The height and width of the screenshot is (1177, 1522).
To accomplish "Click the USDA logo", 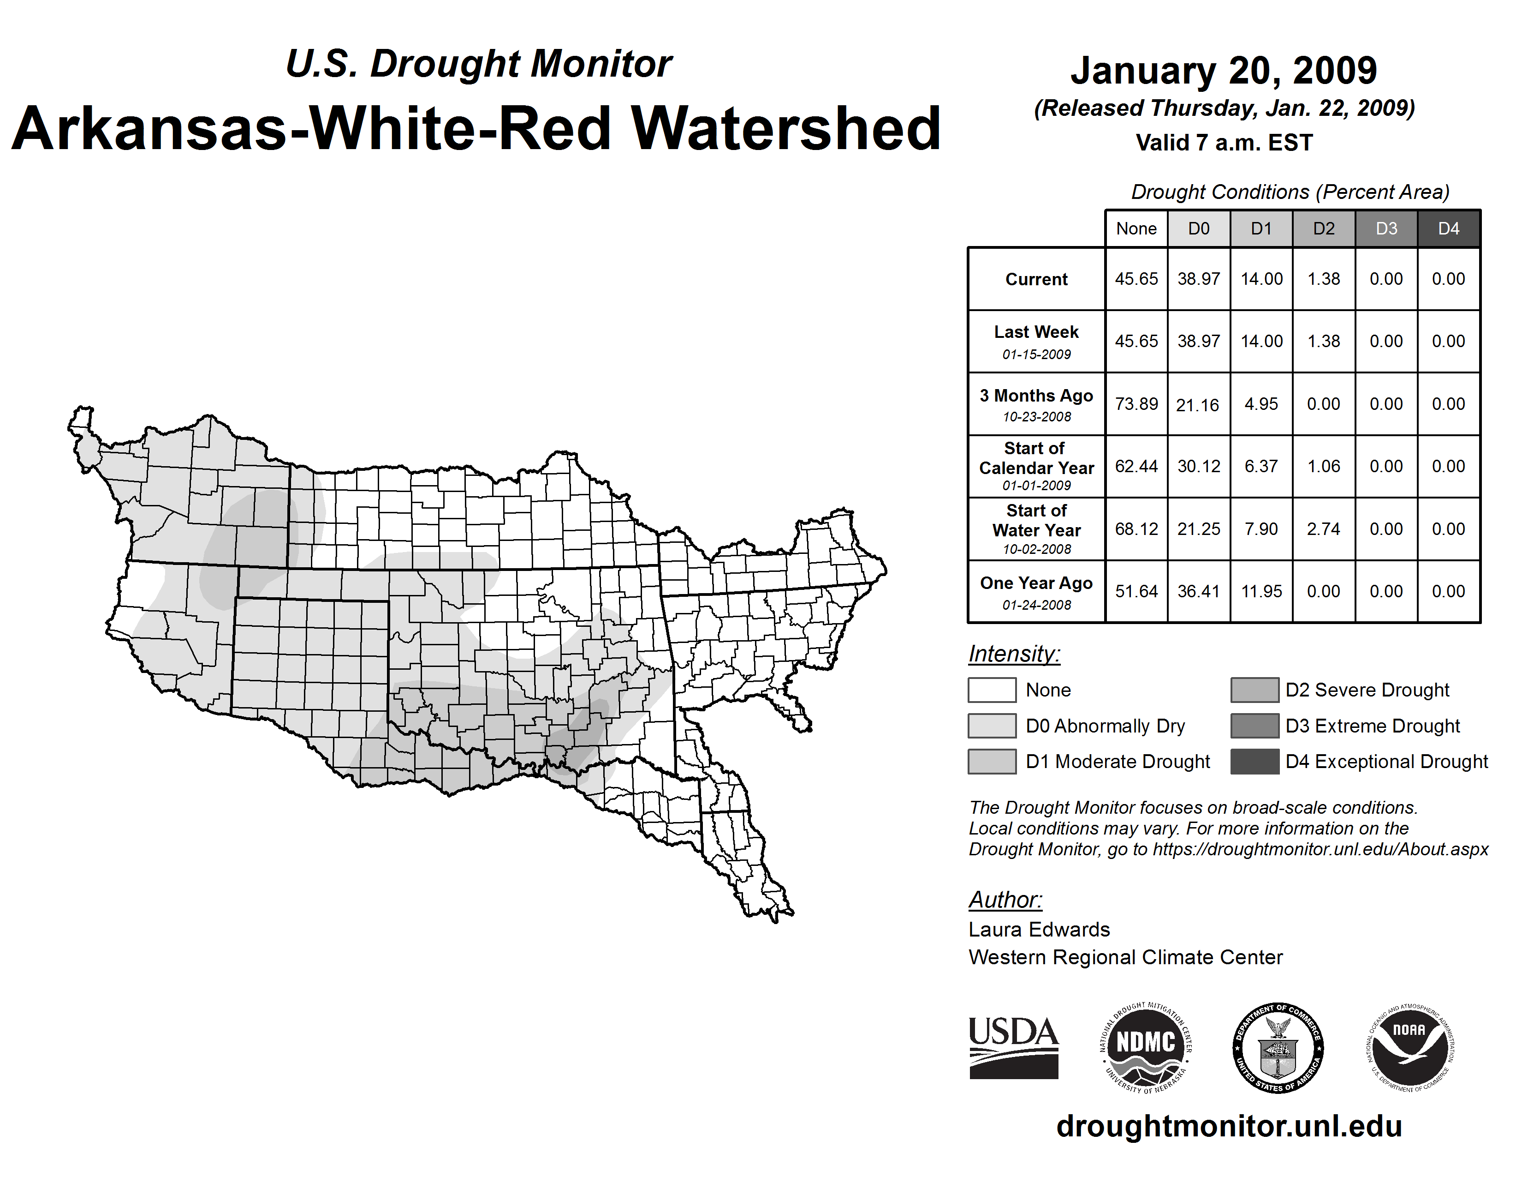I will pyautogui.click(x=1013, y=1047).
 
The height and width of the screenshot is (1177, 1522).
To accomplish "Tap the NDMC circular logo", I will pyautogui.click(x=1145, y=1047).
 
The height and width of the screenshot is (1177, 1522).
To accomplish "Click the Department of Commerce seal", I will pyautogui.click(x=1278, y=1047).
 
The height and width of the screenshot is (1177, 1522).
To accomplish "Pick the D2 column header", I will pyautogui.click(x=1323, y=228).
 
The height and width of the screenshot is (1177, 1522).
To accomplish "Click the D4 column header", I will pyautogui.click(x=1448, y=228).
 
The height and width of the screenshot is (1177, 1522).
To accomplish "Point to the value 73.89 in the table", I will pyautogui.click(x=1136, y=404).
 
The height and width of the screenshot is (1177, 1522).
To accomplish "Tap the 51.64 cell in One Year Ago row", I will pyautogui.click(x=1136, y=591).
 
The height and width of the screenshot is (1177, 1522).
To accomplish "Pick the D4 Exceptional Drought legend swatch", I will pyautogui.click(x=1254, y=762).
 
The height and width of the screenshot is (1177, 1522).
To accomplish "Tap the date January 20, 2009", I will pyautogui.click(x=1224, y=71).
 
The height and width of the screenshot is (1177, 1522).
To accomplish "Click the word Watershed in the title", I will pyautogui.click(x=785, y=129).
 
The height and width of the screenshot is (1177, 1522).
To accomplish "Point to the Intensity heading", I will pyautogui.click(x=1014, y=654).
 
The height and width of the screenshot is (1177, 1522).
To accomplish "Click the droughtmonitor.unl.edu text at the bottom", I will pyautogui.click(x=1229, y=1126).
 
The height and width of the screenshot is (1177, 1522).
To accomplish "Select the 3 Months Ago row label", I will pyautogui.click(x=1036, y=404).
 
